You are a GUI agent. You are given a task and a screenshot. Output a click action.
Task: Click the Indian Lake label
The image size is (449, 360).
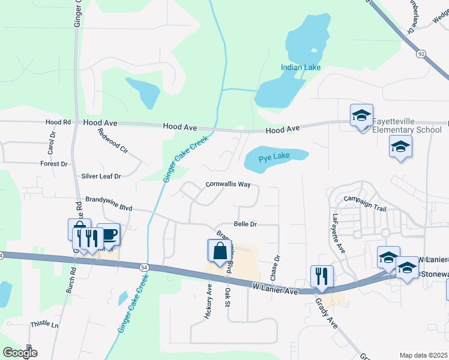tap(301, 67)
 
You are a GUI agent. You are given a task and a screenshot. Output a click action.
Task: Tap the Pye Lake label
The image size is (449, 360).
tap(274, 157)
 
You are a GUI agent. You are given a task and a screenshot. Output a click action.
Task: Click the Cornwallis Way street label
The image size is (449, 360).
tap(228, 184)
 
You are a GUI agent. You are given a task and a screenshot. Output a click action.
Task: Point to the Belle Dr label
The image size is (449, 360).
tap(245, 224)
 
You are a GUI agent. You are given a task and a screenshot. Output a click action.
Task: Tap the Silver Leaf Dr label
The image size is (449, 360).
tap(101, 176)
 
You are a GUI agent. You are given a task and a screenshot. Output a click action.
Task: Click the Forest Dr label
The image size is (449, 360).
tap(54, 164)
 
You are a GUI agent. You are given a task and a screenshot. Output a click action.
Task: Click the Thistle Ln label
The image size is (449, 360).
tap(44, 325)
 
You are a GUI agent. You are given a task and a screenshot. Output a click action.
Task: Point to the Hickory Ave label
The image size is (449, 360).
tap(209, 301)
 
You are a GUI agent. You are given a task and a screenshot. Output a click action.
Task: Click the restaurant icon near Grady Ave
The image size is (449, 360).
tap(321, 275)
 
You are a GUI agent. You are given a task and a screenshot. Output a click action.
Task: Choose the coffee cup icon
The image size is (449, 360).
tap(109, 233)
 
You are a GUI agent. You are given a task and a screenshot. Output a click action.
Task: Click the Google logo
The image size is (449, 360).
tap(19, 353)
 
